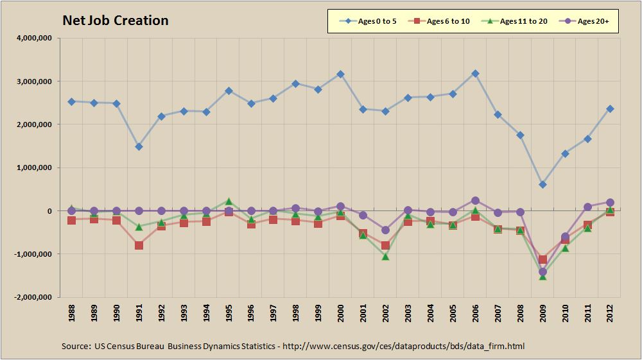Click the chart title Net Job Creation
(116, 21)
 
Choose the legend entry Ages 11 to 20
(517, 21)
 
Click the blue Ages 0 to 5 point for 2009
(542, 184)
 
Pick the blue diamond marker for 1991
(139, 146)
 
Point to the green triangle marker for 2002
(385, 257)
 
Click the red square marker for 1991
(139, 245)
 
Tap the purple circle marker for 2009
(542, 271)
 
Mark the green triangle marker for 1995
(229, 201)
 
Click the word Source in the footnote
(76, 346)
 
